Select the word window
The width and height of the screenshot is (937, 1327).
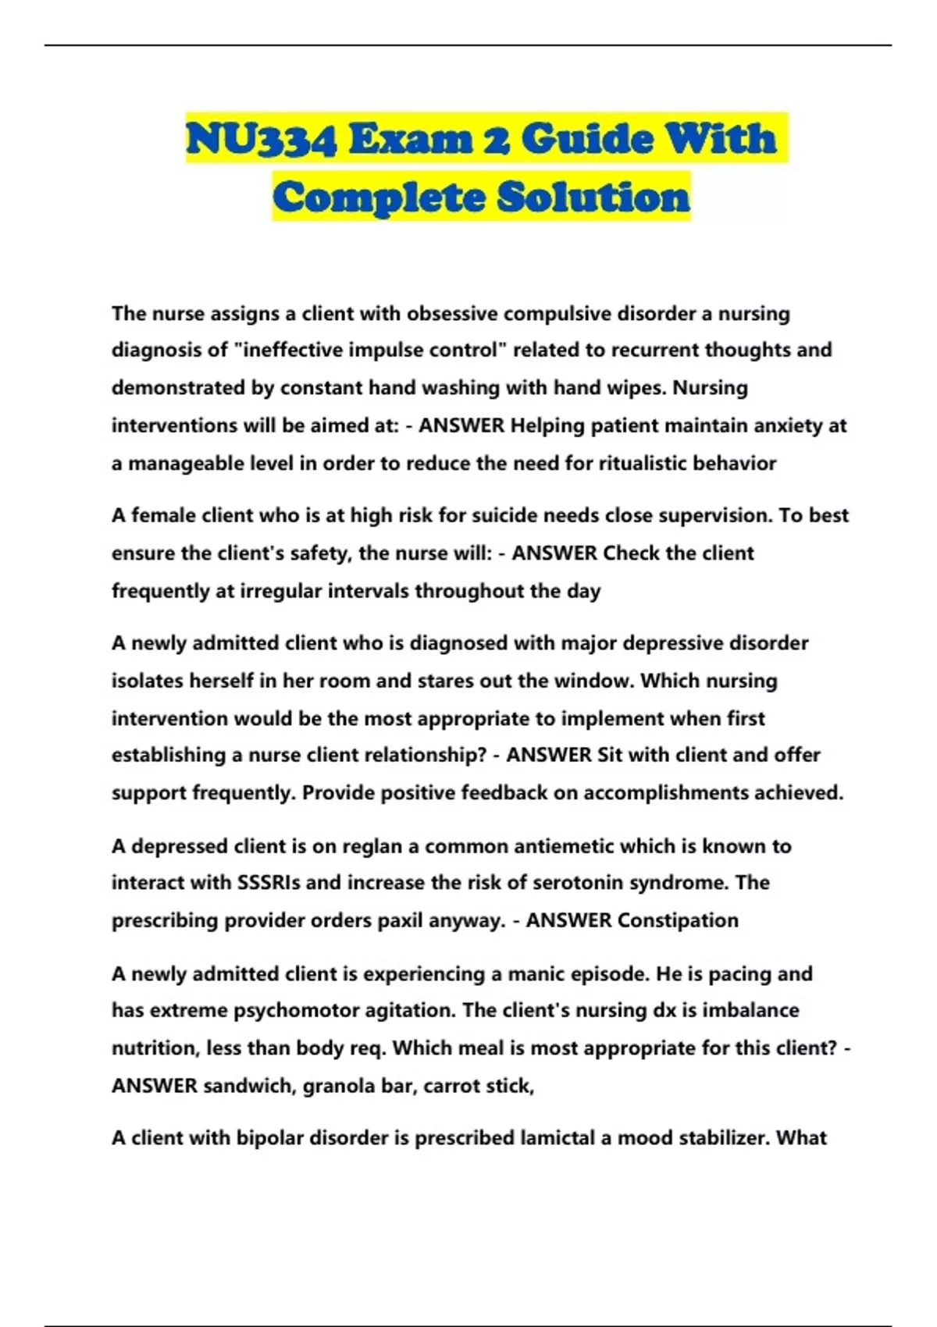[593, 681]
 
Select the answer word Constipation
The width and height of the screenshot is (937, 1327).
[677, 920]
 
